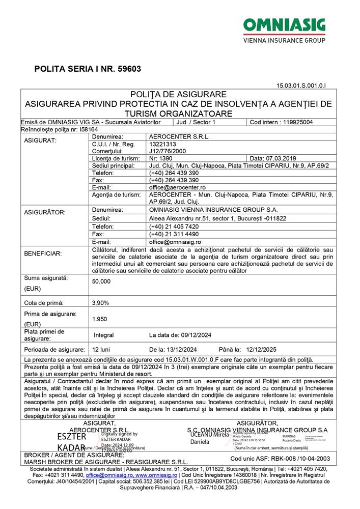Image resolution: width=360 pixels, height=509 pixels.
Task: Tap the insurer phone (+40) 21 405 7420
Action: [174, 226]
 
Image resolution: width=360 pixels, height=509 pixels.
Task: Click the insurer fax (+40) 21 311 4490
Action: [174, 234]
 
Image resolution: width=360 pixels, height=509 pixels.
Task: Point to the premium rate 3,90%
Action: [100, 302]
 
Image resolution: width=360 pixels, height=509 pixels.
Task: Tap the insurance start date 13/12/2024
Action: [180, 349]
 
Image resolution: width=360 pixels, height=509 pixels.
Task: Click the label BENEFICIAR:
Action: [43, 253]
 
